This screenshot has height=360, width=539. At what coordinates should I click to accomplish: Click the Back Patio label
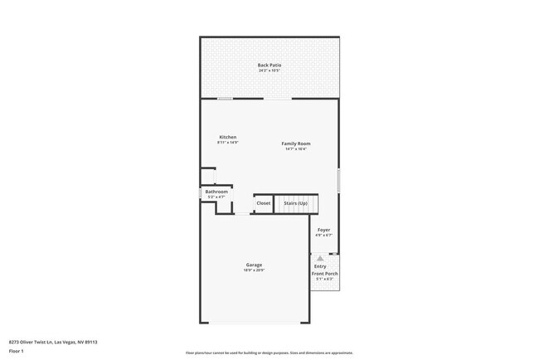269,65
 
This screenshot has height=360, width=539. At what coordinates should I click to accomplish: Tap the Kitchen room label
227,137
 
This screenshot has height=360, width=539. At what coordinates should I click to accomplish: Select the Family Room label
296,144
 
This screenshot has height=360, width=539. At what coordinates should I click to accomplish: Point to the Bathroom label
216,192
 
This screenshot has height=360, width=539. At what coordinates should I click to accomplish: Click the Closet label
263,202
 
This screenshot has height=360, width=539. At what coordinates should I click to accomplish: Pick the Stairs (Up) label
295,202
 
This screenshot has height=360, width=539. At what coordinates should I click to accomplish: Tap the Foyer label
323,229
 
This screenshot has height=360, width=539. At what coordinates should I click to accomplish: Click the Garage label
254,265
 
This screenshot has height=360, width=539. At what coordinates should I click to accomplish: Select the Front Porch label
323,273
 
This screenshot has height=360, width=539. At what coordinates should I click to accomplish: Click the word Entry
320,265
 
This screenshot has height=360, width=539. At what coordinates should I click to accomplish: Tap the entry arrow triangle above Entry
320,258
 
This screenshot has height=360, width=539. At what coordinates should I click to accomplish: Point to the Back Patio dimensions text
269,71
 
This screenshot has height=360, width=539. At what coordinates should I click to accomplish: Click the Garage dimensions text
254,270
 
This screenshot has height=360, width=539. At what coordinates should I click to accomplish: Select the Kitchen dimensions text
227,143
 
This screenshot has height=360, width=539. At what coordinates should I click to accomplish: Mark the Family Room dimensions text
296,149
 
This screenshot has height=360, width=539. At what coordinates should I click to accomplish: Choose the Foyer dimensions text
323,235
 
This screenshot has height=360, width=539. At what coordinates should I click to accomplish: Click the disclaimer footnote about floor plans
269,353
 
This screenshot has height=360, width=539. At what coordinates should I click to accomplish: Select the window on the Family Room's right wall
338,181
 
